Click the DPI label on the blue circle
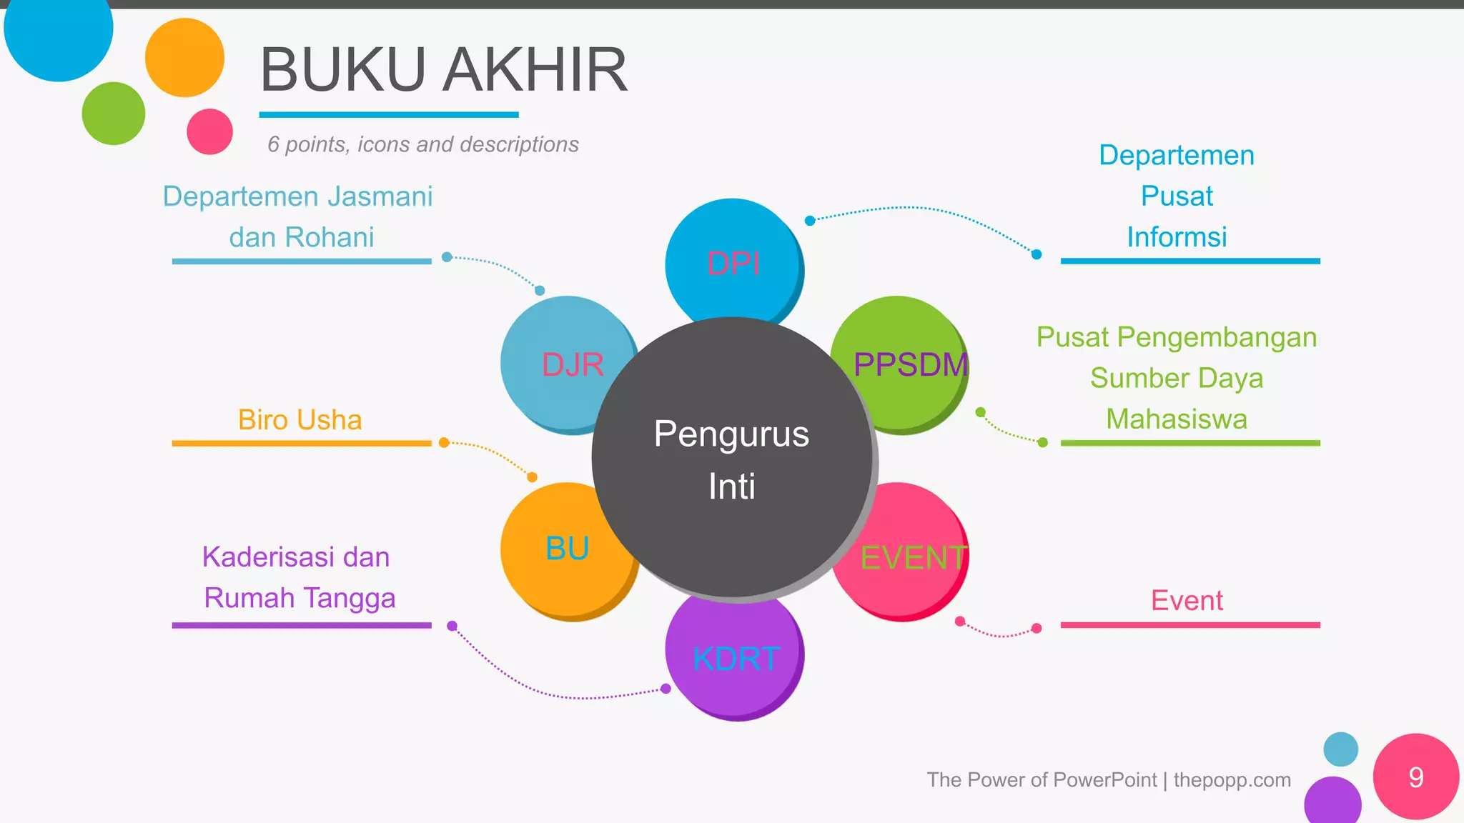(733, 264)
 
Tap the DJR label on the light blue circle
(573, 365)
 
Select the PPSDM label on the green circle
(910, 365)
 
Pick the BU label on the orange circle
(567, 549)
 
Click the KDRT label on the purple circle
(736, 658)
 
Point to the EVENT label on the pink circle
(913, 557)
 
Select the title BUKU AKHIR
(443, 70)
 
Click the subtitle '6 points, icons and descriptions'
(422, 144)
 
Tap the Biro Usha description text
(300, 420)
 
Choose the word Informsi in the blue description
(1177, 237)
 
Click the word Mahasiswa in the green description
(1177, 419)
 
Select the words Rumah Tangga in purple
(300, 598)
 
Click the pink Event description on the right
(1187, 601)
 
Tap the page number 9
(1416, 777)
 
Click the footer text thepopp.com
(1232, 779)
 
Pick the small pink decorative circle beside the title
(209, 131)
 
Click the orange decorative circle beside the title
(184, 57)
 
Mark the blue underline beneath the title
(388, 114)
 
